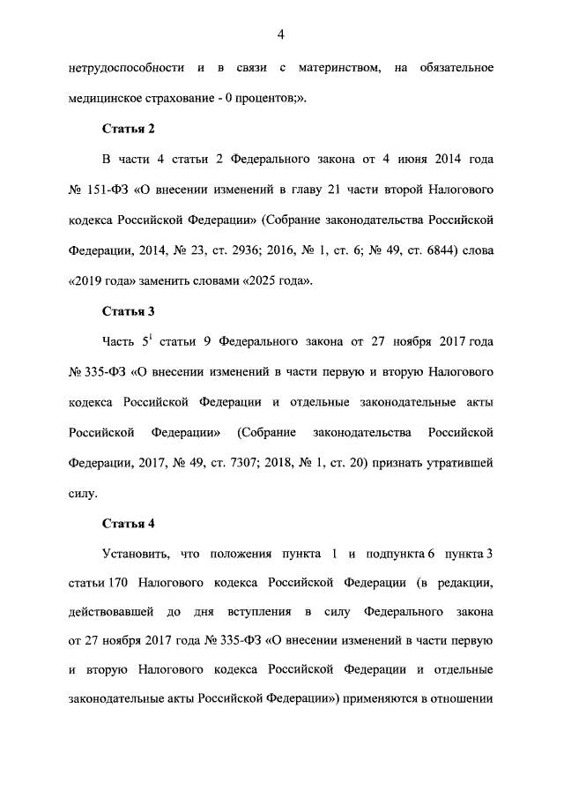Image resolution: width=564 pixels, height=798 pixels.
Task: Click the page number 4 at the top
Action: (281, 34)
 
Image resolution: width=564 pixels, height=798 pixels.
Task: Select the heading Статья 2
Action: (129, 128)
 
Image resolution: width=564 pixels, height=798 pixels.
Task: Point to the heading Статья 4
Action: (129, 523)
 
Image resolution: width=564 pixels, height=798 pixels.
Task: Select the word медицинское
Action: (105, 98)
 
